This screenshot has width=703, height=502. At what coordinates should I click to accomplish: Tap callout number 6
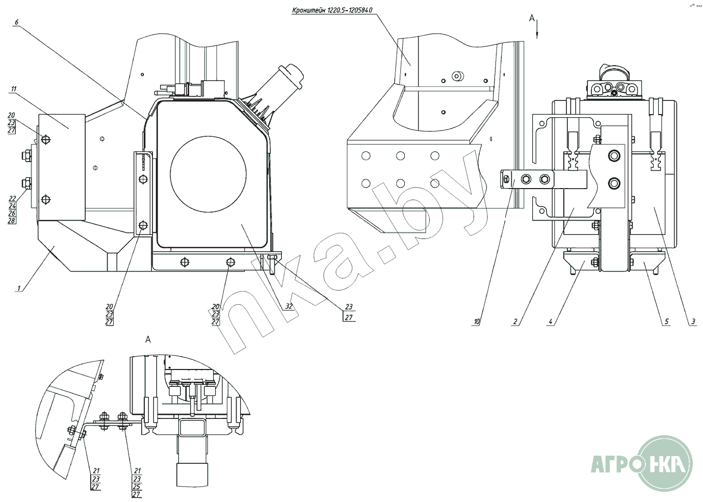tap(17, 22)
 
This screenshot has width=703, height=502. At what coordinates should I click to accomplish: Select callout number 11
tap(14, 89)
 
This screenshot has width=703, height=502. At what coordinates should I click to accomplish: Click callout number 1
tap(19, 288)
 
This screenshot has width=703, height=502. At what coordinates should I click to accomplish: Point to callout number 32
tap(289, 306)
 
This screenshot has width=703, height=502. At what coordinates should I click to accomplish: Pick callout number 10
tap(477, 322)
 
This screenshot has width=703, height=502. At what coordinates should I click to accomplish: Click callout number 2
tap(515, 322)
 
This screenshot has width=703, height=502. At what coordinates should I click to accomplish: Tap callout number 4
tap(551, 322)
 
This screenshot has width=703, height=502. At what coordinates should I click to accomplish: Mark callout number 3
tap(693, 322)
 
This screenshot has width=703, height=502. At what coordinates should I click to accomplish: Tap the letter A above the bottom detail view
tap(148, 339)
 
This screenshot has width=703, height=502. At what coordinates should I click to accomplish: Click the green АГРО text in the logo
tap(612, 465)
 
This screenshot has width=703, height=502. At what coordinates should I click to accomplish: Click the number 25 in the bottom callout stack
tap(137, 486)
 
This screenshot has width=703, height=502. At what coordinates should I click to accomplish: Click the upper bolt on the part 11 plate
tap(46, 140)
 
